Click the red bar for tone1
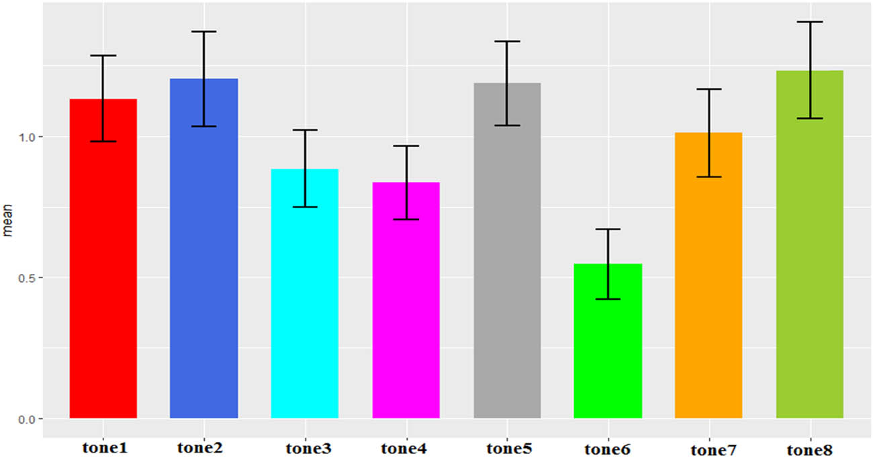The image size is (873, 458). tap(103, 269)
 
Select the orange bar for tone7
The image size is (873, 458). tap(708, 282)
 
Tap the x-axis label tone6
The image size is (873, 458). tap(607, 449)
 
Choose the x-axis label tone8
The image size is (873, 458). tap(811, 449)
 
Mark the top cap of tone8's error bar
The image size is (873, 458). tap(810, 22)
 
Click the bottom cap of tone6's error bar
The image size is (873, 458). tap(608, 299)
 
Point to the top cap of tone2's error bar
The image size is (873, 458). tap(203, 32)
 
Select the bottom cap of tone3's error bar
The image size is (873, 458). tap(305, 207)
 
